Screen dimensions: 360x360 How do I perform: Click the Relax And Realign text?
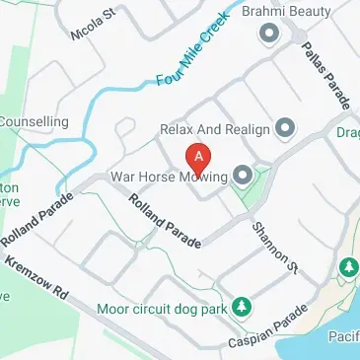point(215,127)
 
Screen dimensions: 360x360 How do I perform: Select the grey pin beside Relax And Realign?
point(285,127)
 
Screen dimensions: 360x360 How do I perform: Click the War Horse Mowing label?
point(167,178)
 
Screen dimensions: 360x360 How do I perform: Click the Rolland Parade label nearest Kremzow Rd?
point(36,220)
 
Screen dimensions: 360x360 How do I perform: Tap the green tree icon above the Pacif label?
point(348,267)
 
